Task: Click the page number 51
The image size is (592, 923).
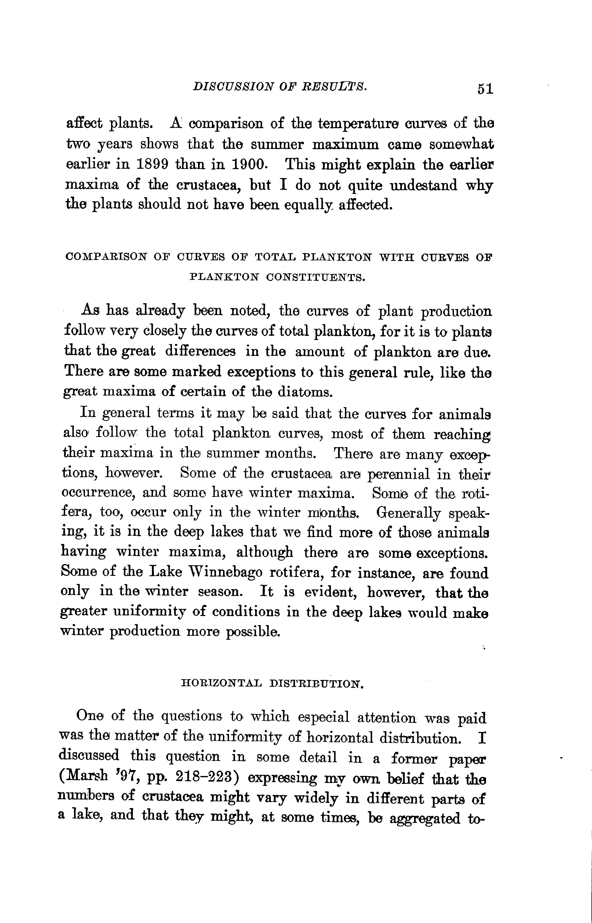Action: pyautogui.click(x=485, y=89)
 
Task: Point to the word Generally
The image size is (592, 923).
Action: pyautogui.click(x=409, y=513)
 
